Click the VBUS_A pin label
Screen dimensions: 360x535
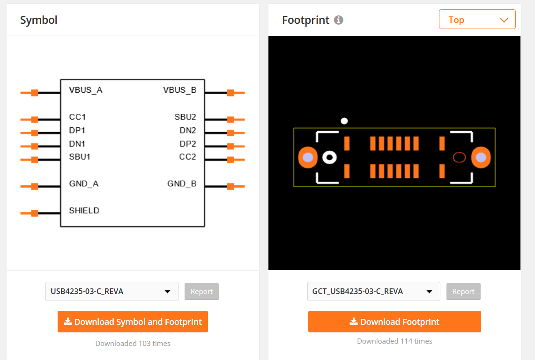tap(86, 90)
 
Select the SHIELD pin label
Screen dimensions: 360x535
tap(84, 211)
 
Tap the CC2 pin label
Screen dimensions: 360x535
tap(187, 157)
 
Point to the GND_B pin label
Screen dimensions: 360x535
tap(182, 184)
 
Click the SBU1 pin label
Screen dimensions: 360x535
tap(80, 157)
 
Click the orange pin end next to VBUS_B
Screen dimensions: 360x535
tap(230, 93)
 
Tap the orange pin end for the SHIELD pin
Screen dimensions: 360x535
tap(34, 213)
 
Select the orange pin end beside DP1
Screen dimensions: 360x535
tap(34, 133)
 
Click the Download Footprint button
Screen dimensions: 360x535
tap(394, 322)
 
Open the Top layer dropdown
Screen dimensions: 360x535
tap(477, 20)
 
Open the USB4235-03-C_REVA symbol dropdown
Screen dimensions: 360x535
tap(111, 291)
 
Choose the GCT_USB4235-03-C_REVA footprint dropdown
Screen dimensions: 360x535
tap(373, 291)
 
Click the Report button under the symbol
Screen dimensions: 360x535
tap(201, 292)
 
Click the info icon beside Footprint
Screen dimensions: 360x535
tap(339, 20)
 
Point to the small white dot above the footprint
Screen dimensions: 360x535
tap(344, 121)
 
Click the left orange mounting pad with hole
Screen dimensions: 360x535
tap(308, 158)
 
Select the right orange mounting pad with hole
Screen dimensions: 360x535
tap(481, 158)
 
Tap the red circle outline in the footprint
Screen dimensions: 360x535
tap(459, 158)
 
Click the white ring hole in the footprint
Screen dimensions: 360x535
tap(330, 158)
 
